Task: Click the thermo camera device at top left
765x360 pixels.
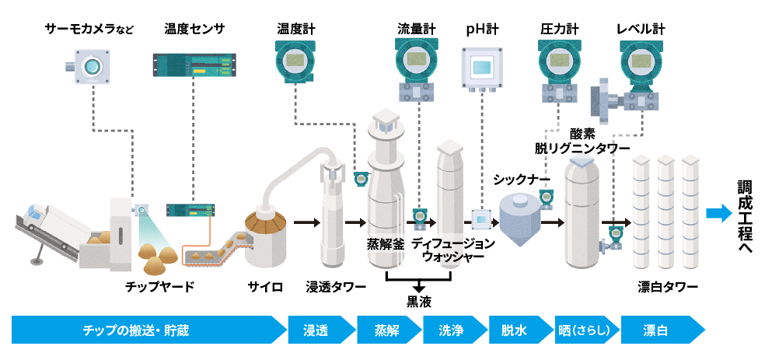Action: [90, 65]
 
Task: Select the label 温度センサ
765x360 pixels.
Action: [194, 30]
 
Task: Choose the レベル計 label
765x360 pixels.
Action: [641, 30]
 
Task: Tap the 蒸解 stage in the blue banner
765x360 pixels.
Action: [386, 330]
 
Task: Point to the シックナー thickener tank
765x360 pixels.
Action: [520, 216]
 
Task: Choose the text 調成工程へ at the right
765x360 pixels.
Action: [746, 217]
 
